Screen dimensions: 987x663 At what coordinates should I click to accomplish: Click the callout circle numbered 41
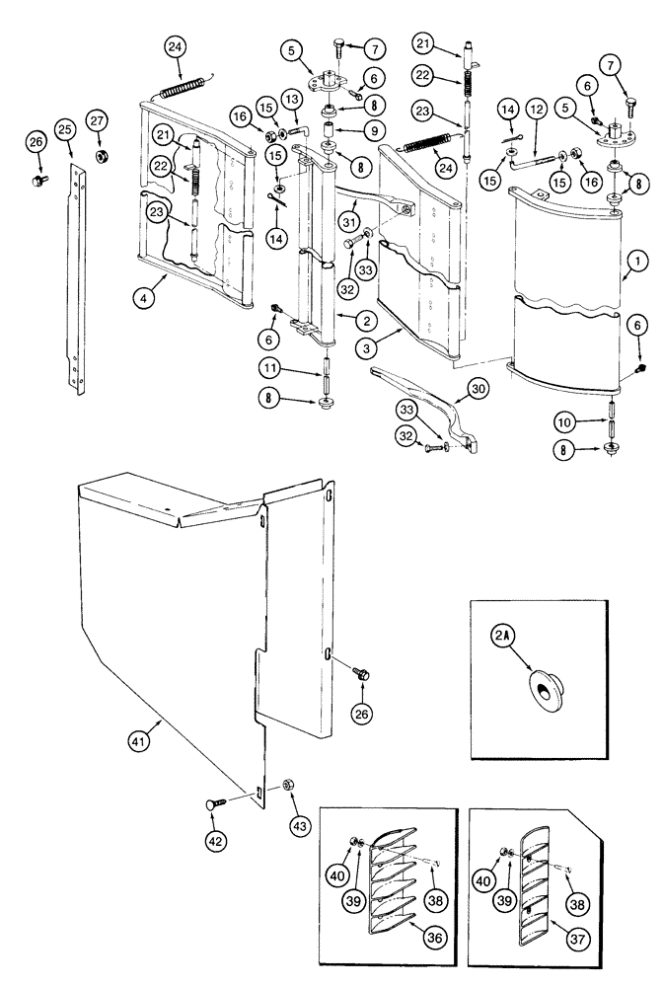coord(139,740)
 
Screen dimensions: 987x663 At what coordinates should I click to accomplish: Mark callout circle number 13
coord(293,101)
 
